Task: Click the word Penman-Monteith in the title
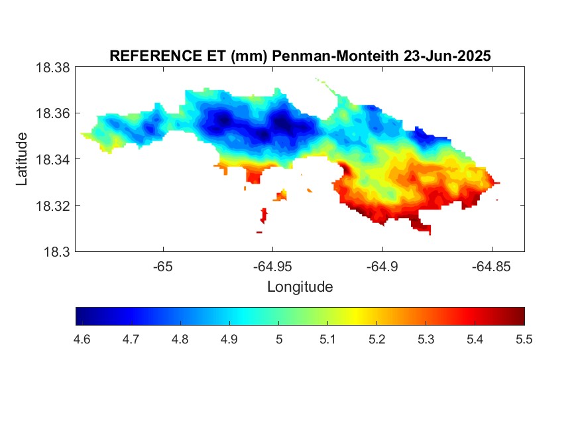coord(335,56)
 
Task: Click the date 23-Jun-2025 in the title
coord(447,56)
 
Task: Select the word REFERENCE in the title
coord(156,56)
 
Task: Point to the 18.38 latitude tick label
coord(52,68)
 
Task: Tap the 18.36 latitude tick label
coord(52,113)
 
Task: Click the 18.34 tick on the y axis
coord(52,159)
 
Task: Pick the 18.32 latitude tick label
coord(52,206)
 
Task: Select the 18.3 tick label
coord(56,252)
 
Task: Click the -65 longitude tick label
coord(163,267)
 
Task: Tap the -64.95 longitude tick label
coord(272,267)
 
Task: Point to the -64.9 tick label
coord(382,267)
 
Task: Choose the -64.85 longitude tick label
coord(491,267)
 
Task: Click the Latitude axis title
coord(21,159)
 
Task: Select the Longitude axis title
coord(300,287)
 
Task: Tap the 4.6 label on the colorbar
coord(82,340)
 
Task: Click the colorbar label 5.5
coord(524,340)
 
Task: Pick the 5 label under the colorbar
coord(279,340)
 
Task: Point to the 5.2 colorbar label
coord(377,340)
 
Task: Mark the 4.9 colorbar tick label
coord(229,340)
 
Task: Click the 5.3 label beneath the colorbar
coord(426,340)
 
